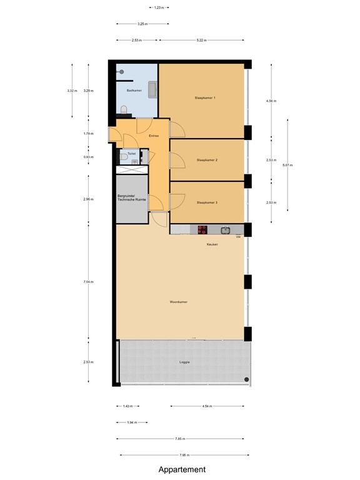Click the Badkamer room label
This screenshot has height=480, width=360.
coord(134,91)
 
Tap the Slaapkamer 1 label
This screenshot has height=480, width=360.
coord(206,98)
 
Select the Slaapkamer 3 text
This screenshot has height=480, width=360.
coord(207,202)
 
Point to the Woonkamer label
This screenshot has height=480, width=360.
coord(179,302)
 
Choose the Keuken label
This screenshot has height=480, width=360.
coord(212,244)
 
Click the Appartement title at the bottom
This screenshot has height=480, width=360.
coord(181,469)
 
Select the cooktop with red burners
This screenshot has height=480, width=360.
coord(203,229)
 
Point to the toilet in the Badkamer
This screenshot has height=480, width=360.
coord(124,111)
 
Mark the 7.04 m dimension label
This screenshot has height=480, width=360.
coord(89,282)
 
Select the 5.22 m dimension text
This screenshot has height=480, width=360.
coord(201,40)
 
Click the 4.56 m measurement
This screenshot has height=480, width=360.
coord(271,100)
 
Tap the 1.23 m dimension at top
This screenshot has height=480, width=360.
coord(159,7)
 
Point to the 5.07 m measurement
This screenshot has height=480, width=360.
coord(287,165)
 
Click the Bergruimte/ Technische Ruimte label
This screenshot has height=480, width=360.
coord(132,199)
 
